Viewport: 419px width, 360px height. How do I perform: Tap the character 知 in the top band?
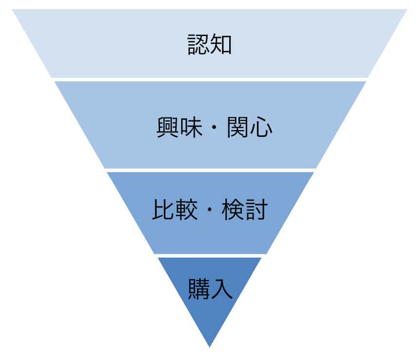click(221, 44)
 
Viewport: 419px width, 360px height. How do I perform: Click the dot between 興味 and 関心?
click(214, 129)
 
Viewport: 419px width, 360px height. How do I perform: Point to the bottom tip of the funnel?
click(210, 346)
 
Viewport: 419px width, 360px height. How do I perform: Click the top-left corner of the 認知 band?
click(14, 10)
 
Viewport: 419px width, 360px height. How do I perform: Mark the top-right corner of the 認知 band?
click(406, 10)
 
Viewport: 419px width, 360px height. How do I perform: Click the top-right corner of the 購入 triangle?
click(261, 258)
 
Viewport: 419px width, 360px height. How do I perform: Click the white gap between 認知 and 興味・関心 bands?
click(210, 79)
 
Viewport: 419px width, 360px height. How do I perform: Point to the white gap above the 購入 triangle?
click(210, 256)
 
